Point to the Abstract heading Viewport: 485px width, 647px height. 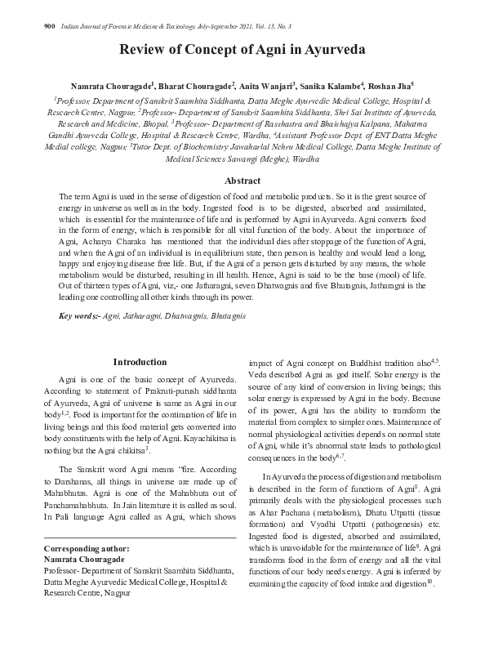click(242, 181)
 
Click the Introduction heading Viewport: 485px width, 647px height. click(140, 362)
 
